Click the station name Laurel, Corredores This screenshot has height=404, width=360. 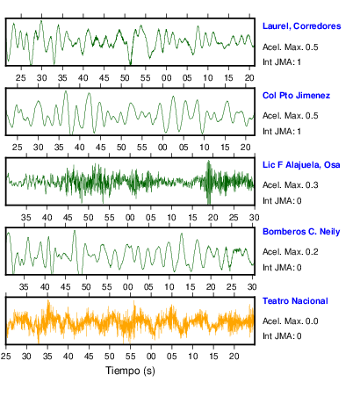301,26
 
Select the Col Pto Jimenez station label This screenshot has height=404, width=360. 296,96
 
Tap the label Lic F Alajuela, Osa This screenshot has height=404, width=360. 301,165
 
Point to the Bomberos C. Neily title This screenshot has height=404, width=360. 301,232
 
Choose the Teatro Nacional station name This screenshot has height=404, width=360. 295,301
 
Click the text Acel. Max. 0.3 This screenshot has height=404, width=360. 290,185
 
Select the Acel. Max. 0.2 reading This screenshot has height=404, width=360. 290,252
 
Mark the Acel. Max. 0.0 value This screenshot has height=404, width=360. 290,321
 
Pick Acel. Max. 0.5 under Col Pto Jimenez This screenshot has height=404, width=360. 290,116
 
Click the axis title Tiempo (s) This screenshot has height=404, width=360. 130,371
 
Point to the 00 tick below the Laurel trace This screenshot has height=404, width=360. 166,78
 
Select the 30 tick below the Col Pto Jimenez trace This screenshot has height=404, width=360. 38,147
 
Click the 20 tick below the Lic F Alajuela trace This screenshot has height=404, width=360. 212,218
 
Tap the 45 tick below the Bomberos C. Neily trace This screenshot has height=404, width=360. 65,287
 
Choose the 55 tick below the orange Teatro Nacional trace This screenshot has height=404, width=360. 130,357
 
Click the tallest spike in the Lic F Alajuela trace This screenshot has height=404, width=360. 208,161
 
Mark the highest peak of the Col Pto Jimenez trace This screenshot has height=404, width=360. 66,91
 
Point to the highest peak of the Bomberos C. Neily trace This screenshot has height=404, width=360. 75,231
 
